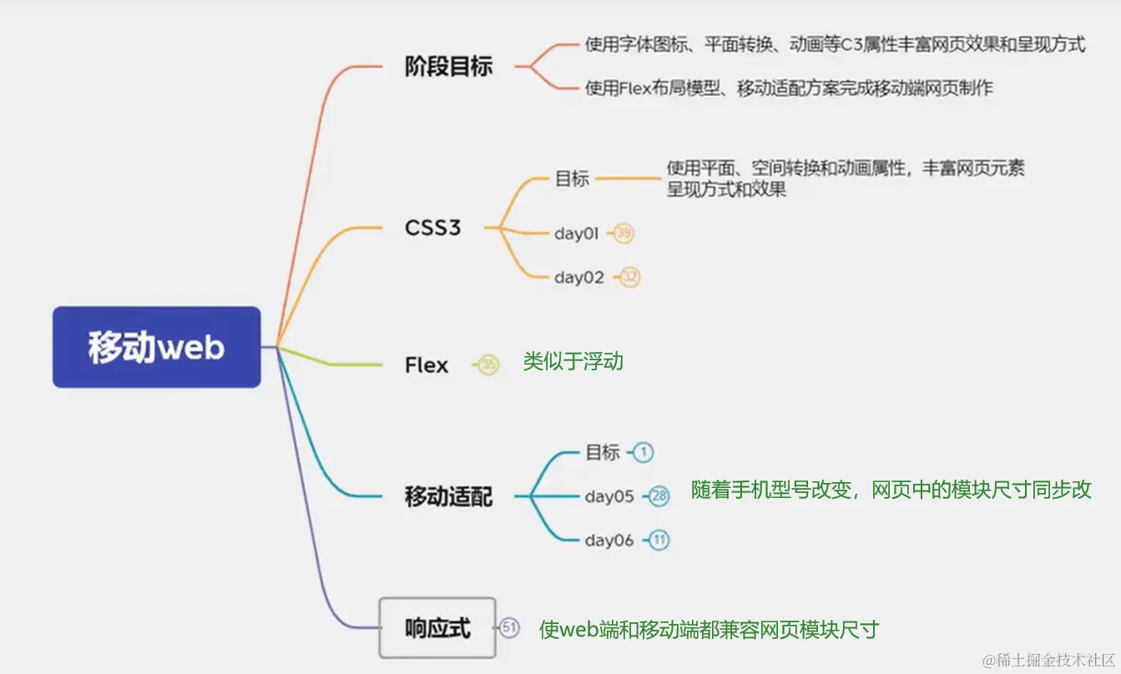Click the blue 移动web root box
[157, 347]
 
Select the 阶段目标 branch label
[448, 67]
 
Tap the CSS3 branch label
[432, 228]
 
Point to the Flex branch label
[427, 365]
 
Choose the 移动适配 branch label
[448, 497]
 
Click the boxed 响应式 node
[437, 628]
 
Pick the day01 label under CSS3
[577, 234]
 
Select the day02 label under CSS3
[578, 278]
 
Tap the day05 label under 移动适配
[609, 496]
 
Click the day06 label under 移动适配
[609, 541]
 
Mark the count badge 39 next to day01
[624, 234]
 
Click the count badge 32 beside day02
[630, 278]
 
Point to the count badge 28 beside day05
[659, 496]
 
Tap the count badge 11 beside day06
[659, 541]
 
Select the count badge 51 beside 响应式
[509, 628]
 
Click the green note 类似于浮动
[573, 362]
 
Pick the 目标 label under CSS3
[572, 179]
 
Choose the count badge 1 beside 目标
[643, 452]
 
